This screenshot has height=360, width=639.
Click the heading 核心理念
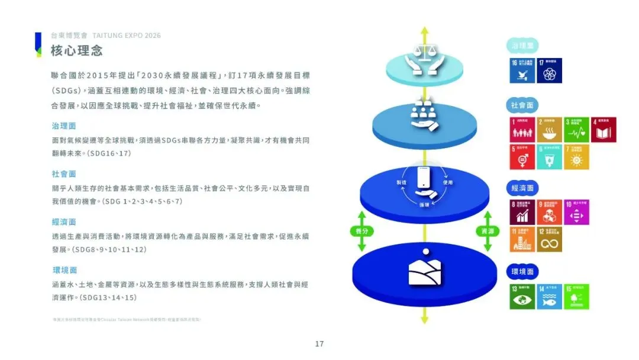[x=77, y=50]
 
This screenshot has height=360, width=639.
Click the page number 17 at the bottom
[x=319, y=344]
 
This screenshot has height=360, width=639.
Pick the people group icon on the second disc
[x=424, y=116]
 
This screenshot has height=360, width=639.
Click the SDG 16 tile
[x=522, y=70]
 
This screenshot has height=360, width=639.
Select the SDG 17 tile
[x=550, y=70]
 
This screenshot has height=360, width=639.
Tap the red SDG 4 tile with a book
[x=603, y=130]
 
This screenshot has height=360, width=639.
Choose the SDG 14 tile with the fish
[x=550, y=297]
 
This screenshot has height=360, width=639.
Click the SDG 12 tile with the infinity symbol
[x=550, y=239]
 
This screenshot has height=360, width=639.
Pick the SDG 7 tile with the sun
[x=577, y=157]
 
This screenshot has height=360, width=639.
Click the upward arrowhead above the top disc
[x=424, y=30]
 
